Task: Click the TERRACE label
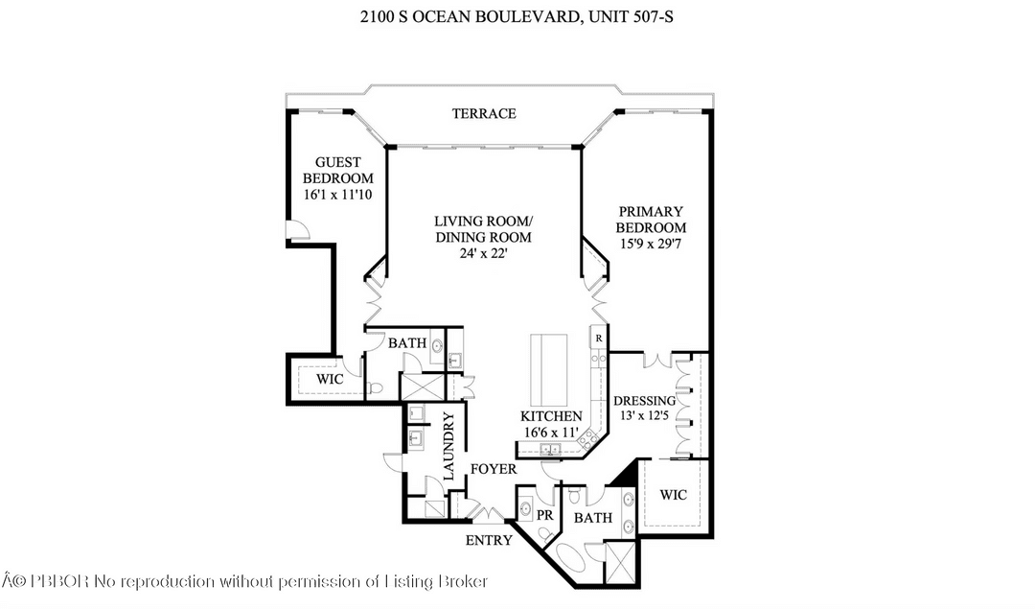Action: [x=484, y=113]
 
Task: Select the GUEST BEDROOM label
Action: [x=337, y=171]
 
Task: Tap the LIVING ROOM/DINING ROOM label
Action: [x=483, y=229]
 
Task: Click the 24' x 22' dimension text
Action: [x=483, y=253]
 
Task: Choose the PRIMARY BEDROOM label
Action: [x=651, y=220]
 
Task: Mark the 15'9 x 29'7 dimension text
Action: [x=651, y=245]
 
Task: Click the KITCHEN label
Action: [x=551, y=416]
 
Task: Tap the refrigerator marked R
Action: [x=598, y=339]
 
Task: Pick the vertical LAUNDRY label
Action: [x=448, y=445]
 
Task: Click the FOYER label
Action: [x=494, y=469]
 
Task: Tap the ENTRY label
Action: [x=489, y=540]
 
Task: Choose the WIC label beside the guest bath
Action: [x=330, y=379]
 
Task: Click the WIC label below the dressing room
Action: [x=674, y=495]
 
